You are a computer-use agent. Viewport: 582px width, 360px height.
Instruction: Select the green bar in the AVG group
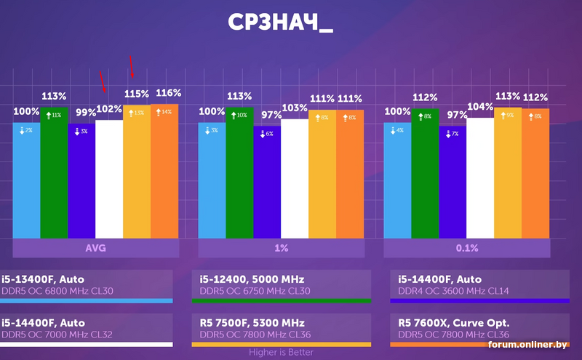(54, 175)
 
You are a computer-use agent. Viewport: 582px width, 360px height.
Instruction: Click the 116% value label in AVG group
(168, 93)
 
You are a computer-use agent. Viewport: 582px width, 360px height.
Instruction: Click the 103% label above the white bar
(295, 108)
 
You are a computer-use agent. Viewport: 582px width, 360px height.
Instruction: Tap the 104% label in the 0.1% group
(480, 106)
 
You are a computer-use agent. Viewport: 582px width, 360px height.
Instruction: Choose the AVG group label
(95, 248)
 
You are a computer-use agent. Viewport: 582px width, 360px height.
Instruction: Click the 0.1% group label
(466, 248)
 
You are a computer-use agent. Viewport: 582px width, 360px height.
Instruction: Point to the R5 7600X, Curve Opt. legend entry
(444, 323)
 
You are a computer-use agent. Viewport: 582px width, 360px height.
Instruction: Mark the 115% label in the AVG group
(136, 94)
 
